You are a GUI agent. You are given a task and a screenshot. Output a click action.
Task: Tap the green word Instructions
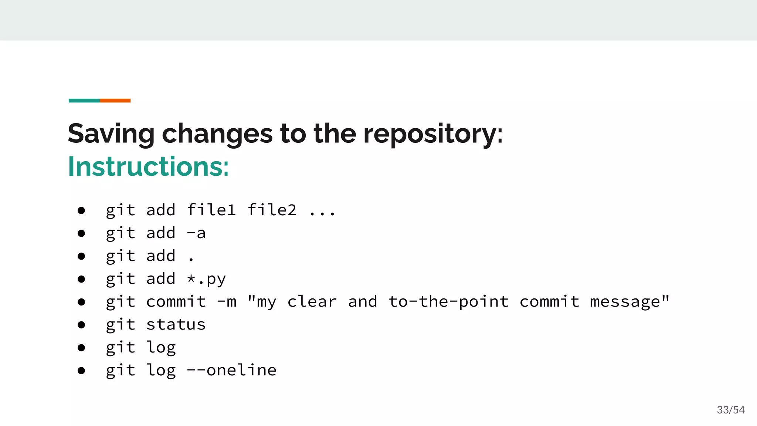click(148, 167)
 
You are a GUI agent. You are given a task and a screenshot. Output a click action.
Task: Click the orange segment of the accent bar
click(115, 101)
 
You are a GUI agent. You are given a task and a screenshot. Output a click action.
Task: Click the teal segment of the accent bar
click(84, 101)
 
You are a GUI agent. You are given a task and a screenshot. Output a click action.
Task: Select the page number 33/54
click(730, 410)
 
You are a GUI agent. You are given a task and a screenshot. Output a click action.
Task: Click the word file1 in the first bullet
click(211, 210)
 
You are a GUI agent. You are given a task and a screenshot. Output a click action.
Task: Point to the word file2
click(272, 210)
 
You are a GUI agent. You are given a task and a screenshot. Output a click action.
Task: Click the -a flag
click(196, 233)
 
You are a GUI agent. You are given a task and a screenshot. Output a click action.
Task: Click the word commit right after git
click(176, 302)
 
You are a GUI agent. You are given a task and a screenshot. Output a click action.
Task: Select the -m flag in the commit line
click(226, 302)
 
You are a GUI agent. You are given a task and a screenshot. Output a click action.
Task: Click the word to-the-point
click(448, 302)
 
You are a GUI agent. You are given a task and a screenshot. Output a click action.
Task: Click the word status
click(176, 325)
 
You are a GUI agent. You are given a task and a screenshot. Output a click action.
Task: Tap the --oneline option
click(231, 370)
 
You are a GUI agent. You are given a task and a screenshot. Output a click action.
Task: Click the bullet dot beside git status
click(81, 325)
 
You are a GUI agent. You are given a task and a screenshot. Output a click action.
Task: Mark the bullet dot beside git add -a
click(81, 233)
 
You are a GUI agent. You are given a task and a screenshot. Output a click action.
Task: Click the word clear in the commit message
click(312, 302)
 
